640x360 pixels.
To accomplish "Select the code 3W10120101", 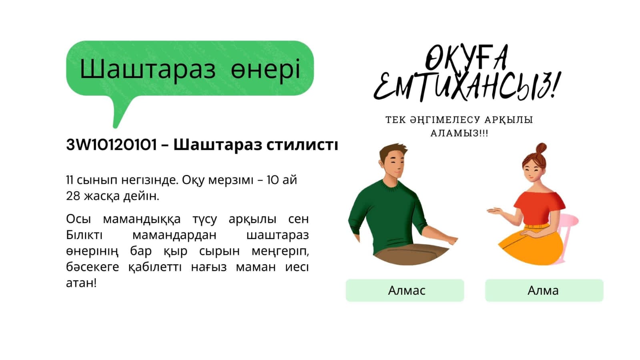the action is (111, 145).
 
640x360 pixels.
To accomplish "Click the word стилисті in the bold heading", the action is (302, 145).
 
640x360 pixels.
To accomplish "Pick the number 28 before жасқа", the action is (73, 196).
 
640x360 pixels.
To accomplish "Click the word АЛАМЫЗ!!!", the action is (459, 133).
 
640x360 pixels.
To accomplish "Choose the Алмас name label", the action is (405, 290).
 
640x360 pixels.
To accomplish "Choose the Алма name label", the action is (544, 290).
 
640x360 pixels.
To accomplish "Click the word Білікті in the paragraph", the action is (84, 235).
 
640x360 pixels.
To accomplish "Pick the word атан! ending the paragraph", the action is (81, 283).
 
